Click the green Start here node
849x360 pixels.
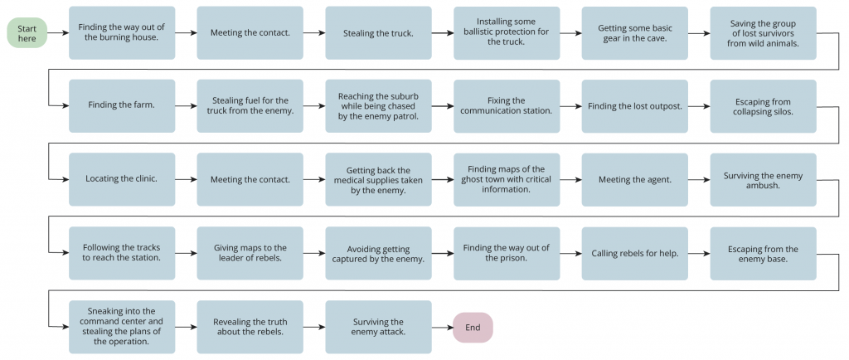click(27, 33)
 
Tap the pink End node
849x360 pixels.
click(473, 328)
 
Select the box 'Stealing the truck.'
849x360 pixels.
click(378, 33)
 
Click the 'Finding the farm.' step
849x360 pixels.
click(122, 106)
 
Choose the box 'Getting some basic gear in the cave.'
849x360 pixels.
click(634, 33)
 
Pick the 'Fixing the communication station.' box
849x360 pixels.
click(507, 106)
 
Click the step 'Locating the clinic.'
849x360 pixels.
click(122, 179)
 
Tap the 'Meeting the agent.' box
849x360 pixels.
click(634, 179)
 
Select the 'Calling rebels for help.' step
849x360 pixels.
click(634, 253)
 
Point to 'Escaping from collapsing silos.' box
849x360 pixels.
click(763, 106)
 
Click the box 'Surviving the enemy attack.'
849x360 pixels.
click(378, 327)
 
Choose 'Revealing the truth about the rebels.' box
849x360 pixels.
click(250, 327)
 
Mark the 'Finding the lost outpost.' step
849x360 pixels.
click(634, 106)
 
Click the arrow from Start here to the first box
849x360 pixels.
click(58, 33)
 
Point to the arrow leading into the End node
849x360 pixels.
click(443, 328)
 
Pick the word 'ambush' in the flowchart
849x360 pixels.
click(763, 185)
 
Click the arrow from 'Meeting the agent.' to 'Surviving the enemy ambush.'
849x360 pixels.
click(699, 179)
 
